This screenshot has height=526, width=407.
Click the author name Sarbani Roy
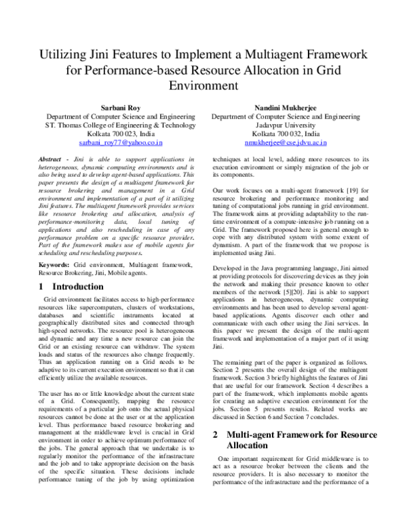[120, 107]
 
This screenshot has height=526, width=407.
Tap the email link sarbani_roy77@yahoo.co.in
[120, 143]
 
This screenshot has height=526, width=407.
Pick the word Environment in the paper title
[203, 86]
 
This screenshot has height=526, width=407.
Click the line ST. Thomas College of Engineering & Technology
[120, 125]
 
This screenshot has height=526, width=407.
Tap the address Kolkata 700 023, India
[120, 134]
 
